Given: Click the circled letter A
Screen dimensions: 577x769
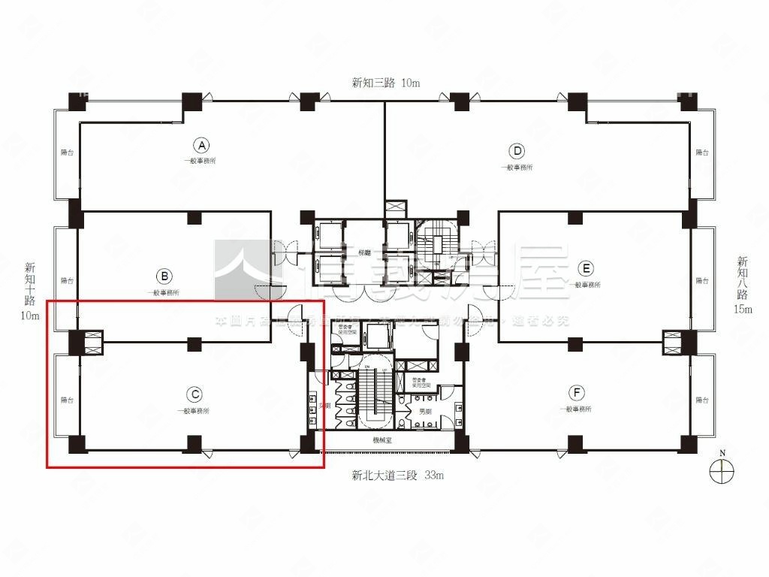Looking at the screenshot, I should (201, 146).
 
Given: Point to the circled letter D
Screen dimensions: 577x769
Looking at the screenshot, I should (517, 150).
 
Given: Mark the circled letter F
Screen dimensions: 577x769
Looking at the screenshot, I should (576, 392).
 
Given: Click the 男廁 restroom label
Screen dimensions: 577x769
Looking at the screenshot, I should (425, 412).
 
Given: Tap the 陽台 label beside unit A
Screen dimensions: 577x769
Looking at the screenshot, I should (67, 153).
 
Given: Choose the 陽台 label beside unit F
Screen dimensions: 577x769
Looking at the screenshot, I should (701, 400).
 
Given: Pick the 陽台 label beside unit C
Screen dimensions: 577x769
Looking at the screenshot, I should (67, 400).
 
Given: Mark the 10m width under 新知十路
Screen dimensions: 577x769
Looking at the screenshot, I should (30, 316).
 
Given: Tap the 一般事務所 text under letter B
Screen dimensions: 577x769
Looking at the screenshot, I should (163, 292).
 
